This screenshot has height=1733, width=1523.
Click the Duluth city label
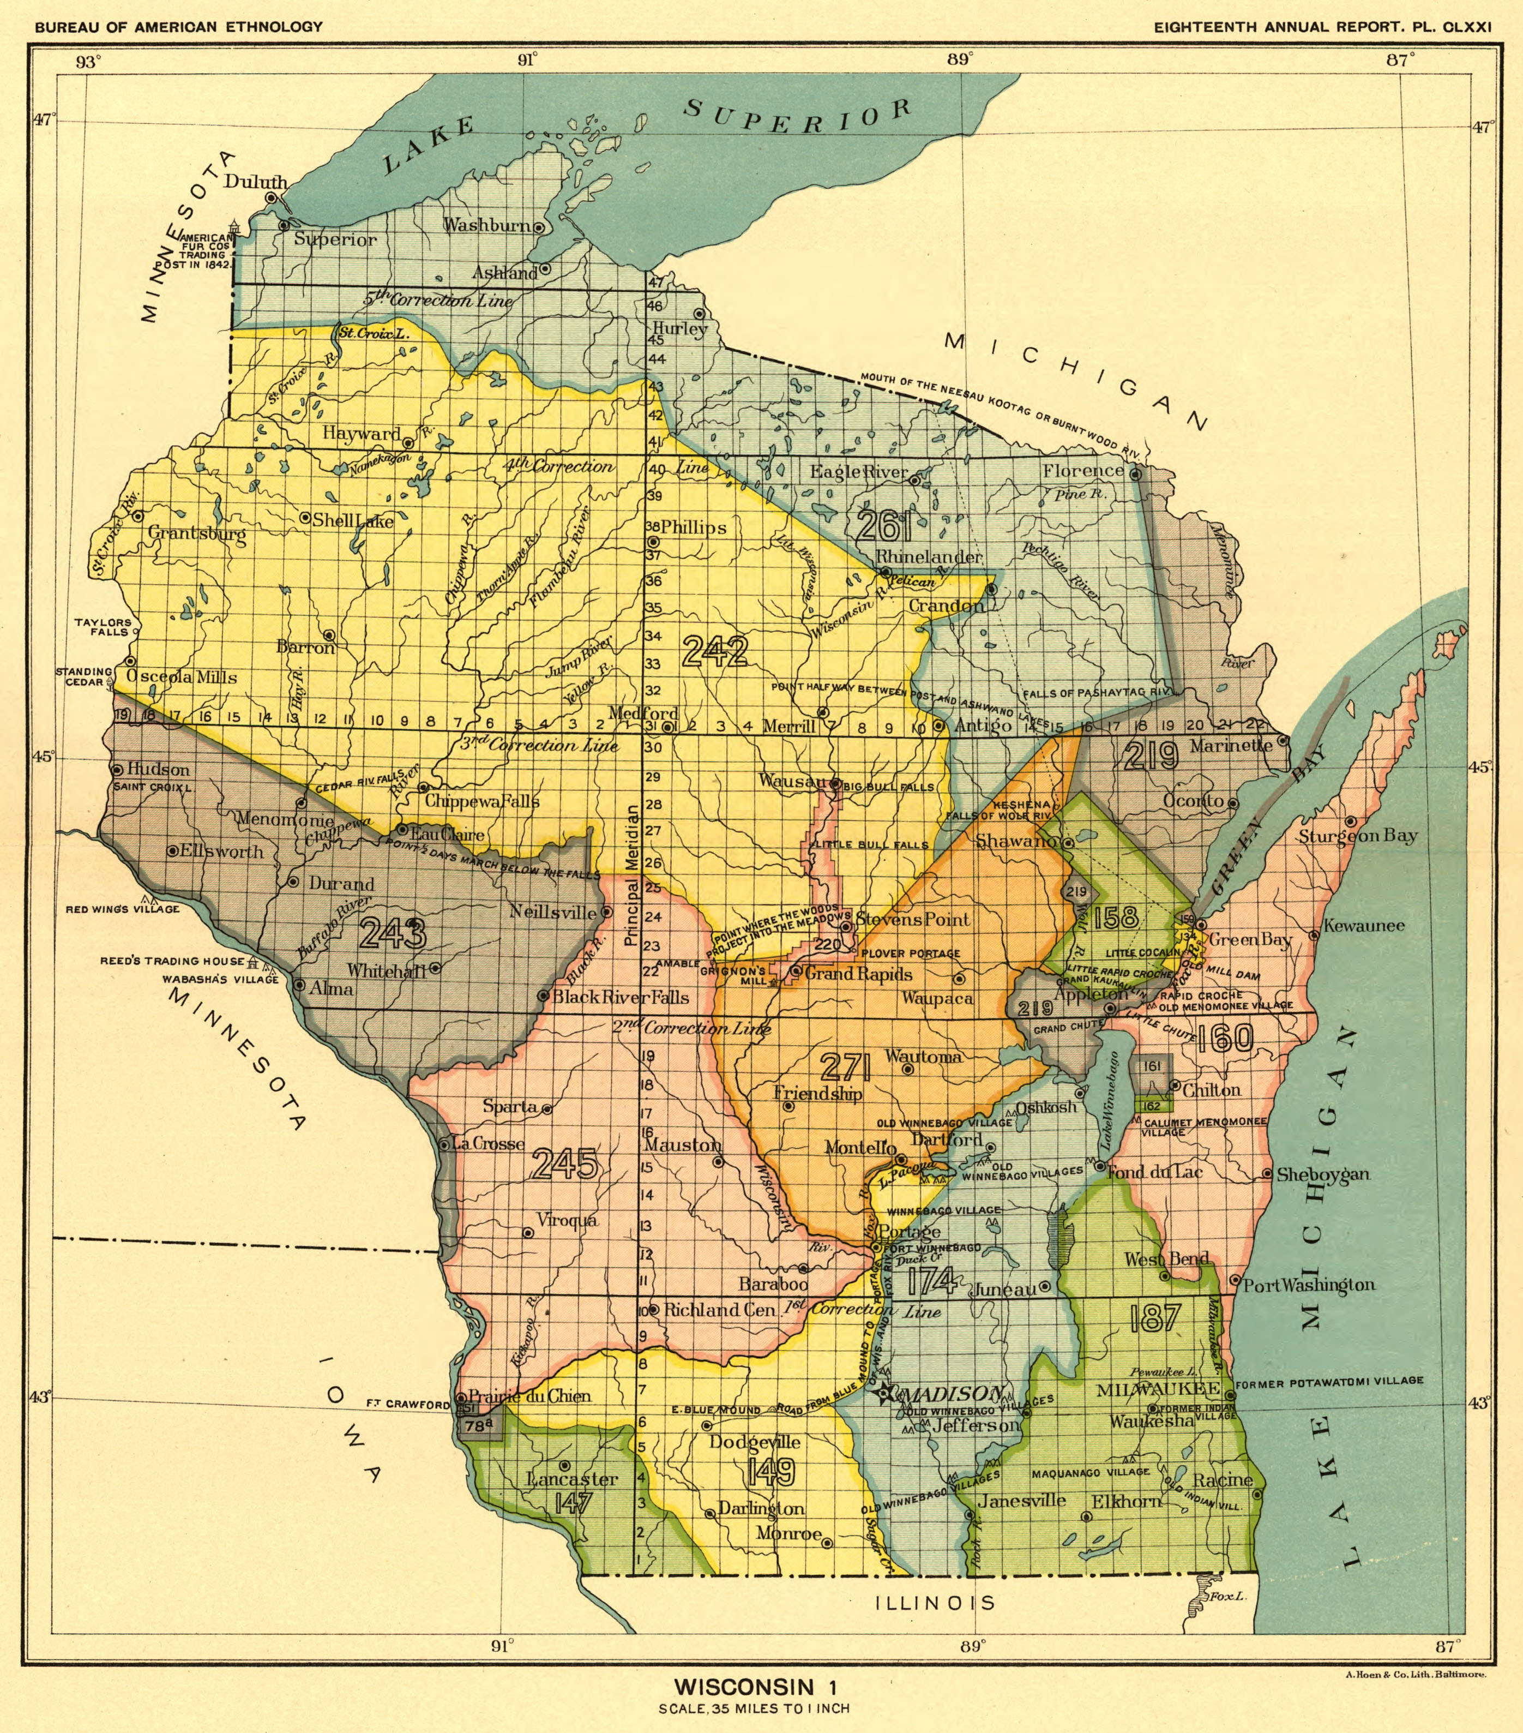click(255, 182)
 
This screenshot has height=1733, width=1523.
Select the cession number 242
click(714, 651)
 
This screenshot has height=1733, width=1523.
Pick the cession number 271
click(845, 1066)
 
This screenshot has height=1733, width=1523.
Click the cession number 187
click(1154, 1317)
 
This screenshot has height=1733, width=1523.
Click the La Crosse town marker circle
click(444, 1144)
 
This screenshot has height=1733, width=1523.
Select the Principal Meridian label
click(630, 876)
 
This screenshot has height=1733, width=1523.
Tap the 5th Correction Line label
click(438, 300)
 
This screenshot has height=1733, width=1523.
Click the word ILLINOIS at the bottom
click(935, 1603)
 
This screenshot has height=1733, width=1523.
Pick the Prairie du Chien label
click(529, 1396)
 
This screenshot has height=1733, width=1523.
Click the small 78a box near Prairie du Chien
click(477, 1426)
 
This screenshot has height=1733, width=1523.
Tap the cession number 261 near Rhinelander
click(884, 526)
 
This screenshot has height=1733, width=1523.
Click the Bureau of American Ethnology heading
click(179, 26)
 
